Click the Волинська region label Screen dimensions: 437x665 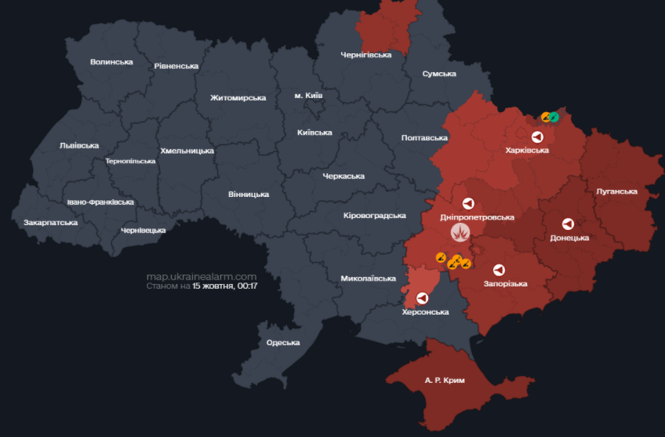[111, 62]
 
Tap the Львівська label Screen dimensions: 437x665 [78, 145]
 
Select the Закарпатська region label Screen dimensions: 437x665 [50, 223]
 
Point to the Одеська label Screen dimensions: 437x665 [283, 342]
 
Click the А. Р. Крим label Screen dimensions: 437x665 [445, 381]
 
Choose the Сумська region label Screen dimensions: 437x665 [439, 74]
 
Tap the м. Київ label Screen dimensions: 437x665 [308, 96]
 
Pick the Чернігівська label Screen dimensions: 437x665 [365, 55]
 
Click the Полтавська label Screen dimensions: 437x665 [424, 138]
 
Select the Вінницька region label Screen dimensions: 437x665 [249, 194]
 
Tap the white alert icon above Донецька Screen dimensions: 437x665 [568, 223]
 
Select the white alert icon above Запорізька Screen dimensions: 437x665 [498, 268]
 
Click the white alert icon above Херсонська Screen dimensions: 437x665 [423, 298]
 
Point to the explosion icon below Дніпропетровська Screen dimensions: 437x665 [460, 232]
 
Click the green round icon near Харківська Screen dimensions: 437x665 [554, 117]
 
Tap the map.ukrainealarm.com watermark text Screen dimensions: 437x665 [202, 276]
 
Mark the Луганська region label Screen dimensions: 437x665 [616, 191]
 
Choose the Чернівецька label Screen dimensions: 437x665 [144, 230]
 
